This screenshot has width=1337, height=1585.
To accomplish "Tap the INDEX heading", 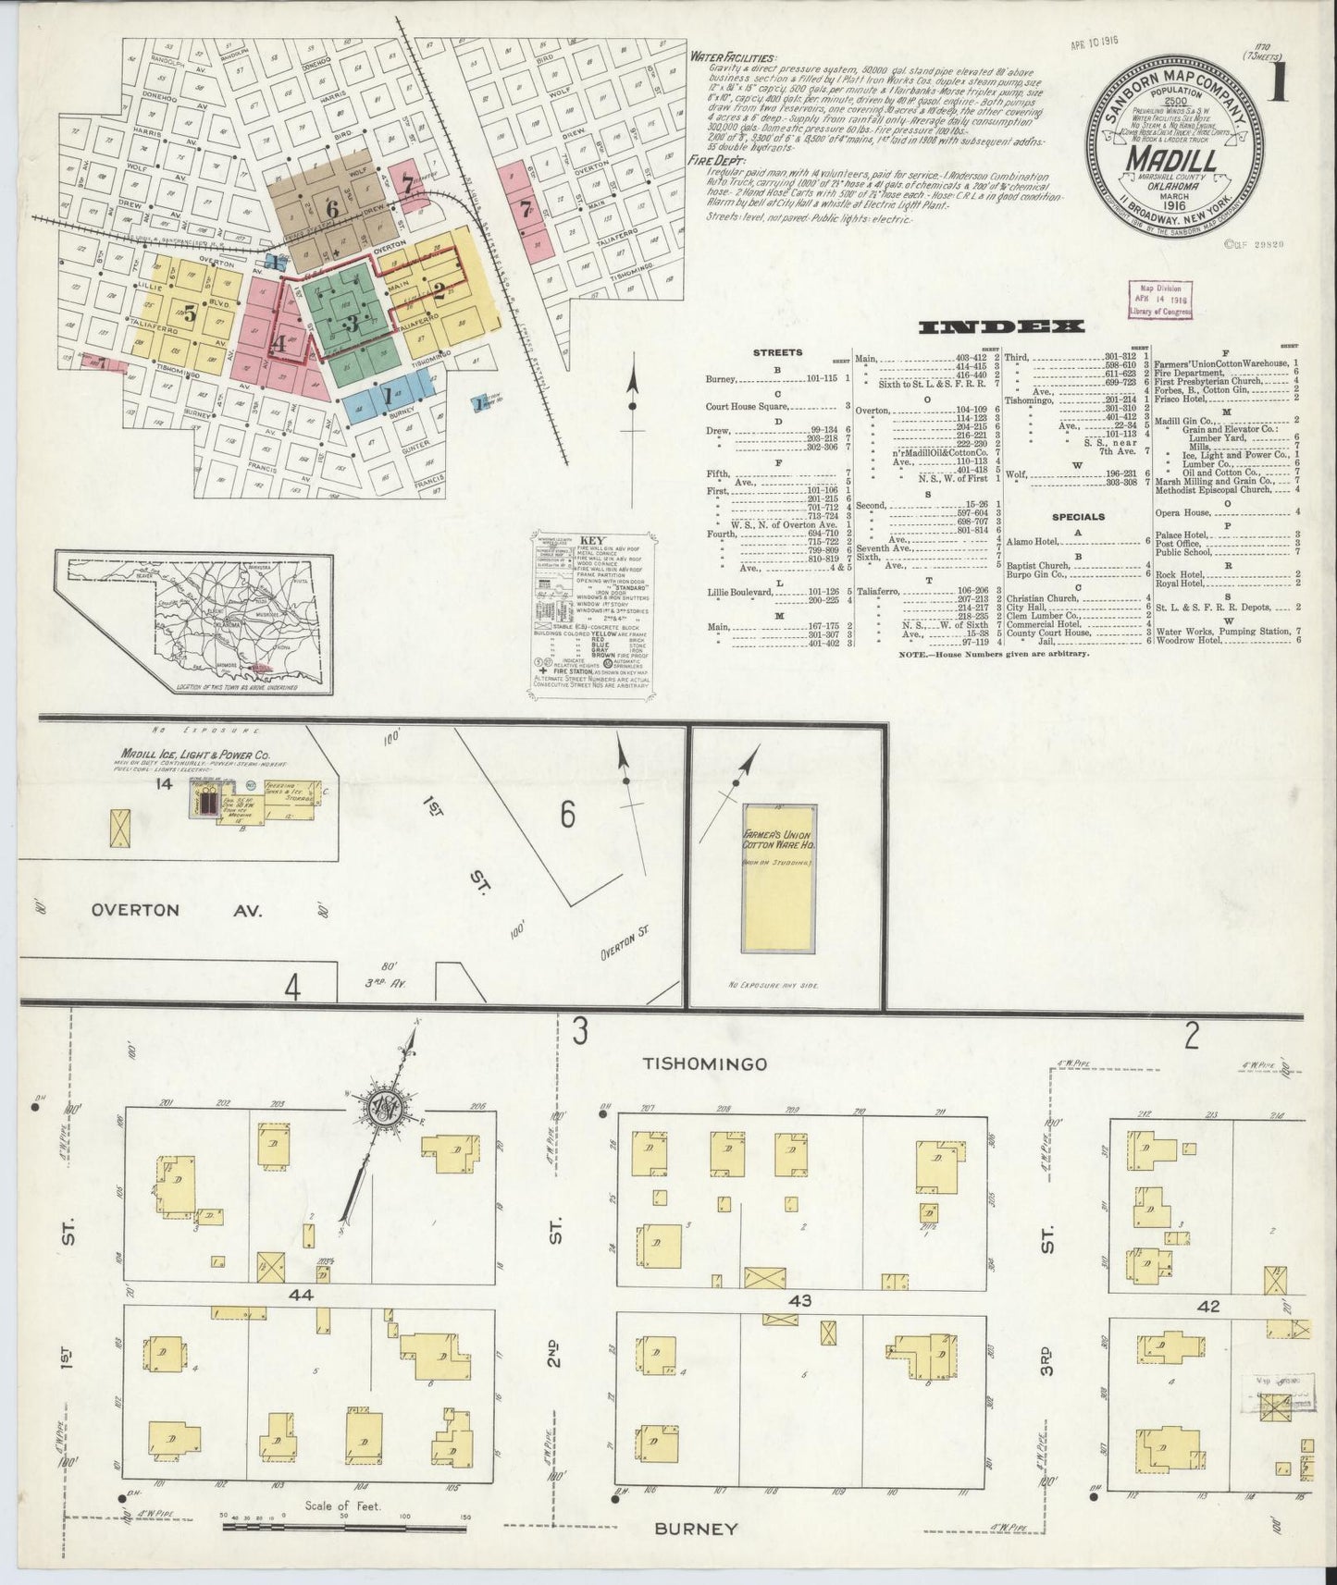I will tap(1000, 327).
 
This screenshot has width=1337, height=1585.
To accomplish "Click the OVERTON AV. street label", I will tap(177, 910).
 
